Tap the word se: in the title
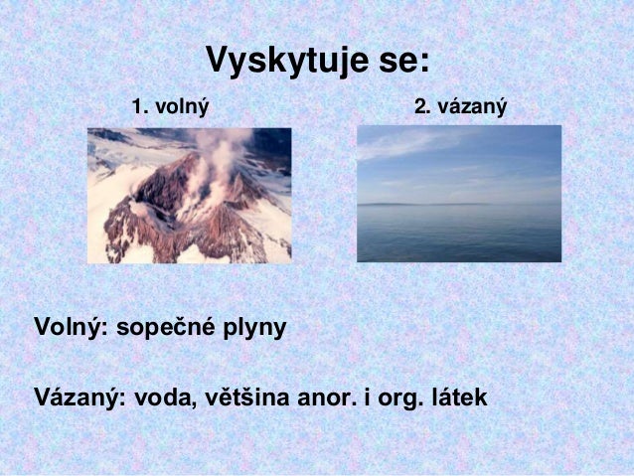(x=402, y=61)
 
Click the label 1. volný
(x=171, y=104)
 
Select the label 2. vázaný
(x=460, y=104)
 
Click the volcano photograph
(x=189, y=195)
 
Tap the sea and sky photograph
(x=459, y=193)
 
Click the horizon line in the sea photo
(x=459, y=205)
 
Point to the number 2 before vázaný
(x=419, y=104)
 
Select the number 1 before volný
(x=138, y=104)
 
